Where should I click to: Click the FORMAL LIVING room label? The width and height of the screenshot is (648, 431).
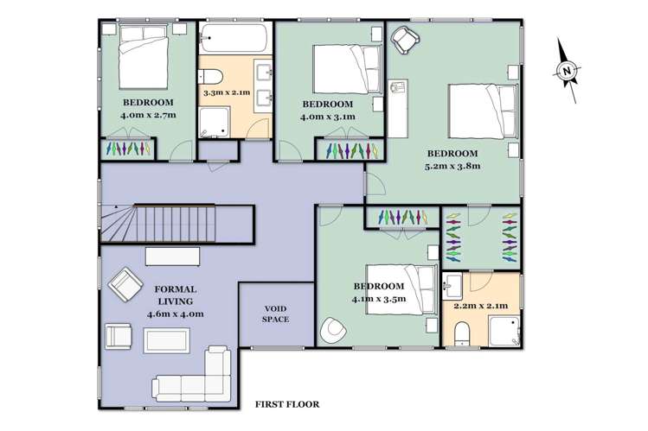(175, 295)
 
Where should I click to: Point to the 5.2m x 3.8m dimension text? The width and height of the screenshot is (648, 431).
(452, 166)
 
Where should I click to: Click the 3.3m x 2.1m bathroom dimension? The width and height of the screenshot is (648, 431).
(226, 92)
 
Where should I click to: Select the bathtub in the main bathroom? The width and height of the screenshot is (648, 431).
(234, 39)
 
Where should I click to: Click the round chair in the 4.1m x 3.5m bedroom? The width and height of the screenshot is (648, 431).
(333, 330)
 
